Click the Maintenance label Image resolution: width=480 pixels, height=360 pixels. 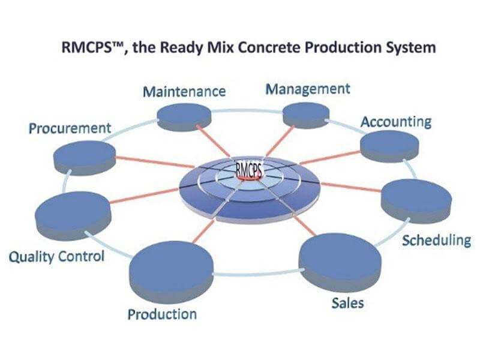pyautogui.click(x=184, y=92)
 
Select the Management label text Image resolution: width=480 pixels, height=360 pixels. pyautogui.click(x=308, y=89)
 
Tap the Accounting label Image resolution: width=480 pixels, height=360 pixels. pyautogui.click(x=396, y=122)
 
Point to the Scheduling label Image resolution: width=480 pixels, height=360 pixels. pyautogui.click(x=437, y=241)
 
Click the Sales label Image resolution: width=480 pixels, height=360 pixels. pyautogui.click(x=348, y=303)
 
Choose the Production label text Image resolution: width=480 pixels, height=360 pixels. pyautogui.click(x=162, y=314)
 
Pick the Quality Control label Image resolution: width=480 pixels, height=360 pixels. pyautogui.click(x=56, y=257)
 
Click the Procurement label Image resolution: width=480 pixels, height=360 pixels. pyautogui.click(x=70, y=128)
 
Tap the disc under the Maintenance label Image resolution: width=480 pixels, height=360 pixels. pyautogui.click(x=184, y=117)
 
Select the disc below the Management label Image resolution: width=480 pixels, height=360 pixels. pyautogui.click(x=306, y=115)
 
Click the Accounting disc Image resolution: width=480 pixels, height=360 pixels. pyautogui.click(x=389, y=146)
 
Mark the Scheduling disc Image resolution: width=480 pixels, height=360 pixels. pyautogui.click(x=416, y=202)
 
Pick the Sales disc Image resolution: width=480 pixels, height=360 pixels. pyautogui.click(x=340, y=262)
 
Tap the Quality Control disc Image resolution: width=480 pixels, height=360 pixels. pyautogui.click(x=73, y=215)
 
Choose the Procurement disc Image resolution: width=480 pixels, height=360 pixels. pyautogui.click(x=85, y=158)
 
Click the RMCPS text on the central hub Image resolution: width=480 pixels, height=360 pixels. pyautogui.click(x=249, y=170)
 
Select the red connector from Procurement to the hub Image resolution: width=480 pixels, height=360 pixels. pyautogui.click(x=155, y=163)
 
